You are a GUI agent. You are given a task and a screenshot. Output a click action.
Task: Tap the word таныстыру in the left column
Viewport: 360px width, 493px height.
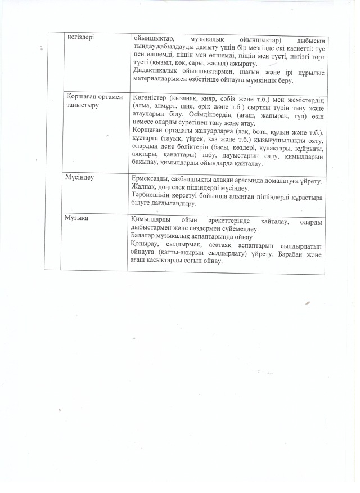point(84,106)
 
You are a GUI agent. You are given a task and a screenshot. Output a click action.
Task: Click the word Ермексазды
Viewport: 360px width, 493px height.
point(151,178)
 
